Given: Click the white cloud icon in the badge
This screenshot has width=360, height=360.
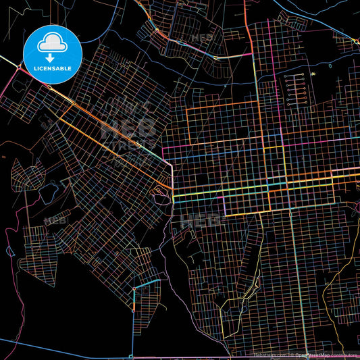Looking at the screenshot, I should (x=52, y=43).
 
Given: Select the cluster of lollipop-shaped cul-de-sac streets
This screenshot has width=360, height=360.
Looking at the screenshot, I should (x=294, y=88).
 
